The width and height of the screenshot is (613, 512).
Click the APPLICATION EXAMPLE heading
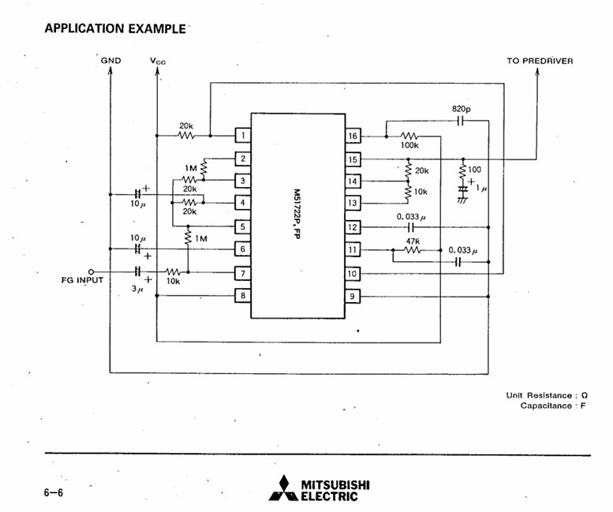tap(117, 28)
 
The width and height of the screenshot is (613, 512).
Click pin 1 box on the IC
tap(244, 136)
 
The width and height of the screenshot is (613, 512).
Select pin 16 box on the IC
tap(353, 136)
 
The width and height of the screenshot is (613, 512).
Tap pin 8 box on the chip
tap(244, 296)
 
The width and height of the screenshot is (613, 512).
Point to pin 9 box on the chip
tap(353, 296)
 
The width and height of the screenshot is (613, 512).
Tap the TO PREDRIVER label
tap(540, 61)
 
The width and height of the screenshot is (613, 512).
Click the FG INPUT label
tap(82, 280)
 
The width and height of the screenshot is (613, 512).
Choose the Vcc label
tap(158, 61)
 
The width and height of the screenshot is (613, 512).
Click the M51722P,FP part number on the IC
tap(297, 215)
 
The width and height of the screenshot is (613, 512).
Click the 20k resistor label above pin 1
tap(186, 125)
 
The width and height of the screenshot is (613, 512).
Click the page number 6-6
tap(54, 492)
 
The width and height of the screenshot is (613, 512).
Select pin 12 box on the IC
tap(353, 227)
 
